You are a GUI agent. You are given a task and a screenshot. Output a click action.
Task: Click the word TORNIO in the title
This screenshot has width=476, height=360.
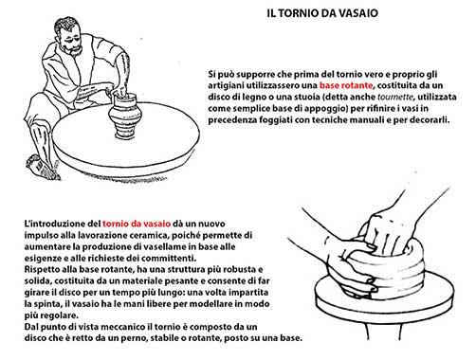click(299, 13)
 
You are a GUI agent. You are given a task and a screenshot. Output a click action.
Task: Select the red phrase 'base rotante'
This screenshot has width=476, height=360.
click(346, 85)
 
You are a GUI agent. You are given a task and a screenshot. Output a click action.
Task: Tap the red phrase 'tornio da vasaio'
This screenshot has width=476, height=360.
click(137, 224)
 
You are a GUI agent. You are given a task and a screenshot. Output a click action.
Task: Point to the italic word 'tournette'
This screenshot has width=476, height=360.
click(395, 97)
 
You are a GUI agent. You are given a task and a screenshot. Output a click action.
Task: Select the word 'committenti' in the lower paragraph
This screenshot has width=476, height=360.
click(169, 258)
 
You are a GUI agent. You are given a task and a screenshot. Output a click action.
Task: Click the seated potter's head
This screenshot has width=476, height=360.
click(68, 36)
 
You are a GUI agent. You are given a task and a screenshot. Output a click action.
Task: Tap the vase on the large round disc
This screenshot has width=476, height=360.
click(124, 117)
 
